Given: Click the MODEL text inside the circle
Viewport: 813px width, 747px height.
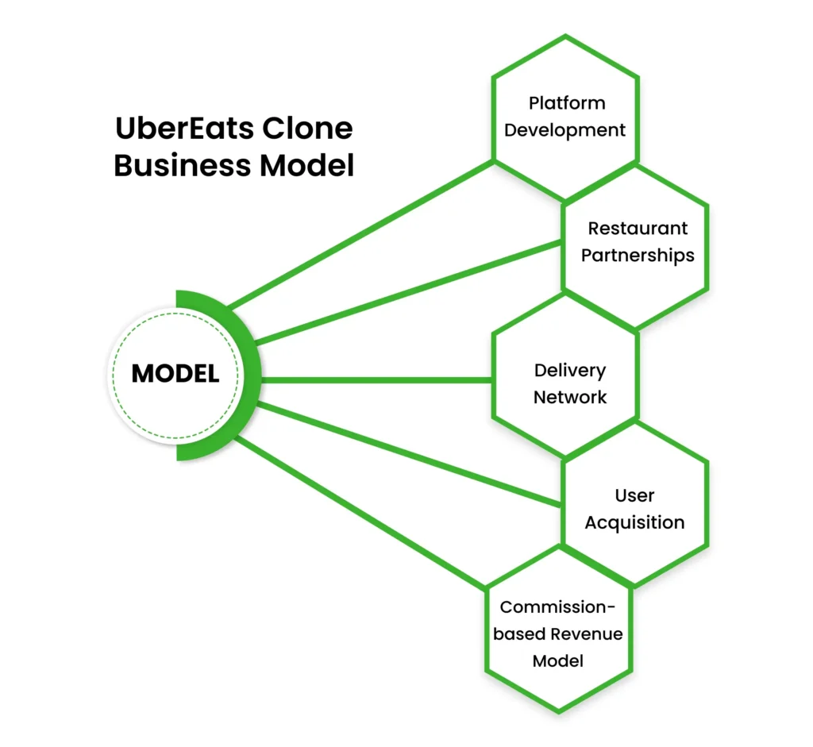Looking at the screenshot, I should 175,374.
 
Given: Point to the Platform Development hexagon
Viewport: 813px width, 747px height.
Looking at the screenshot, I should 565,117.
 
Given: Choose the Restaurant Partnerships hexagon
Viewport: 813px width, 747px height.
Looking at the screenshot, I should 635,242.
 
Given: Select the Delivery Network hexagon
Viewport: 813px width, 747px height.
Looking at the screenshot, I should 565,383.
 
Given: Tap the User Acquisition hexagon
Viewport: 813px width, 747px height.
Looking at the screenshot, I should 635,508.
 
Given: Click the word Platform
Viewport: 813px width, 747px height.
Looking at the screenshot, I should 567,103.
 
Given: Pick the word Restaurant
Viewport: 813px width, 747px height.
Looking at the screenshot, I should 638,229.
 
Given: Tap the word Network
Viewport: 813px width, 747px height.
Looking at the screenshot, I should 569,397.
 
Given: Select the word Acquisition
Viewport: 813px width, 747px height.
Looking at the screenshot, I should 634,522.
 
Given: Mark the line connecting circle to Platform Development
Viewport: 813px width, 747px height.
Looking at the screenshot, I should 357,235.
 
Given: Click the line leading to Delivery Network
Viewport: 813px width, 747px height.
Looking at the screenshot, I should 373,379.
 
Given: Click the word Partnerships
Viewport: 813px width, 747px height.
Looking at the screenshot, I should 638,256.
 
